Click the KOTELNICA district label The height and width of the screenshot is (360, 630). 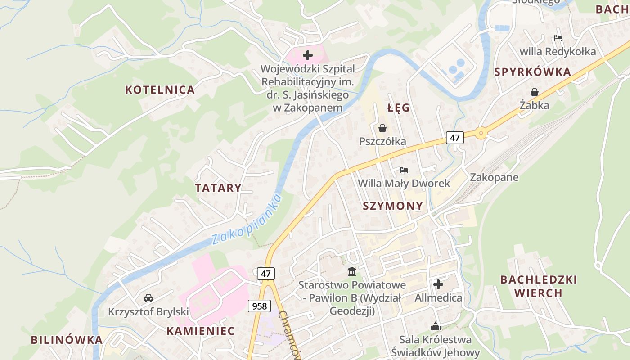click(160, 90)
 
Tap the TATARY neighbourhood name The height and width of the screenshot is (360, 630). click(218, 188)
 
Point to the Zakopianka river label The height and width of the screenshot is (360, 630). click(247, 219)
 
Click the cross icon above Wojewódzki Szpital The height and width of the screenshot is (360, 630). click(308, 55)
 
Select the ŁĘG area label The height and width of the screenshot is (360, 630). click(399, 108)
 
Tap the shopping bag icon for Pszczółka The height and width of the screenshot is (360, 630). click(382, 128)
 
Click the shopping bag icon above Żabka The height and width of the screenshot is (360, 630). click(534, 92)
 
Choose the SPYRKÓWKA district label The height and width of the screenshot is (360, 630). click(532, 72)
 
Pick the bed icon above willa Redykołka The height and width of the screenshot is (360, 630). click(558, 38)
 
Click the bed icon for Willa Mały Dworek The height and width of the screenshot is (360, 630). click(404, 170)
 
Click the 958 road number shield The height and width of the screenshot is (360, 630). click(260, 306)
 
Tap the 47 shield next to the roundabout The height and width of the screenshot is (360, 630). click(455, 138)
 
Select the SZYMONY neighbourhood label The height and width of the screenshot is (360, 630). click(393, 206)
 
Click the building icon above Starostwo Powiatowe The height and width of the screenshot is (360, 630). click(352, 272)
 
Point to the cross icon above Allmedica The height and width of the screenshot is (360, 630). click(438, 284)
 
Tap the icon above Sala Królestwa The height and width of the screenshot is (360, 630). click(435, 326)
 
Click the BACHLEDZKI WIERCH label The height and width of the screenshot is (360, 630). click(538, 286)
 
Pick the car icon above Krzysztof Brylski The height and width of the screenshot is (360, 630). click(148, 298)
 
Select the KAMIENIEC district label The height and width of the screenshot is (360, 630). click(201, 331)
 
